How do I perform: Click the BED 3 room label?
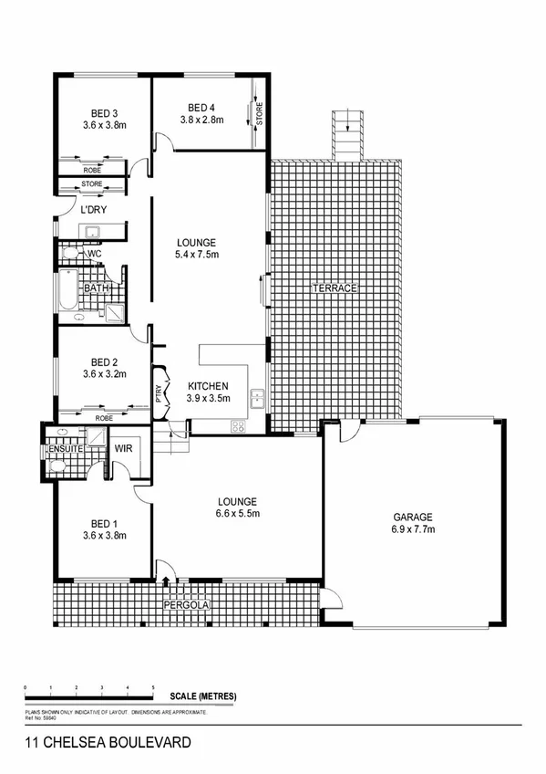coord(103,113)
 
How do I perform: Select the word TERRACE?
coord(334,288)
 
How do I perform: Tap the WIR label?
coord(124,448)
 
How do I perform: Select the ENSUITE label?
coord(67,449)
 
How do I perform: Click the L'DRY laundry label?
coord(93,211)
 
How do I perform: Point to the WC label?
coord(94,253)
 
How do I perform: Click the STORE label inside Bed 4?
coord(259,115)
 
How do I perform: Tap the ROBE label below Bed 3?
coord(92,170)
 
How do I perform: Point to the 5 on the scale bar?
coord(153,685)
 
